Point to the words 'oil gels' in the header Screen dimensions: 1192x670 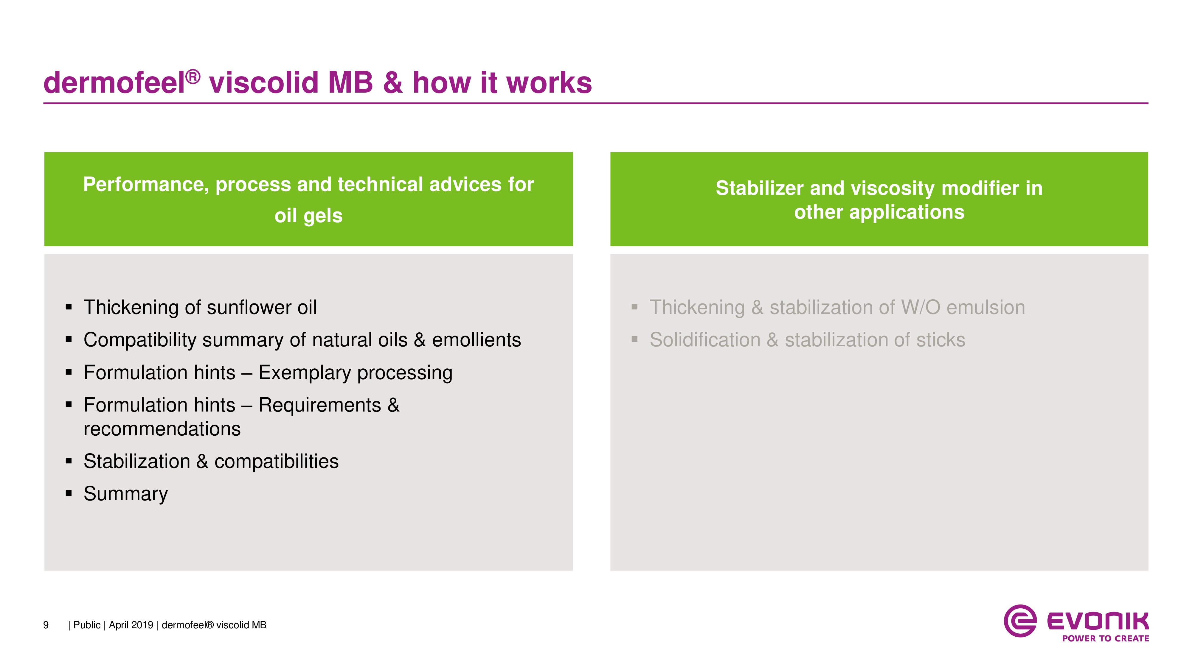coord(309,216)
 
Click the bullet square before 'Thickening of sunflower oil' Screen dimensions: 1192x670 coord(69,307)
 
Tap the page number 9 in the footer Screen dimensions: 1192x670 coord(46,625)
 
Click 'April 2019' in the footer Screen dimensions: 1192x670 coord(131,625)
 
